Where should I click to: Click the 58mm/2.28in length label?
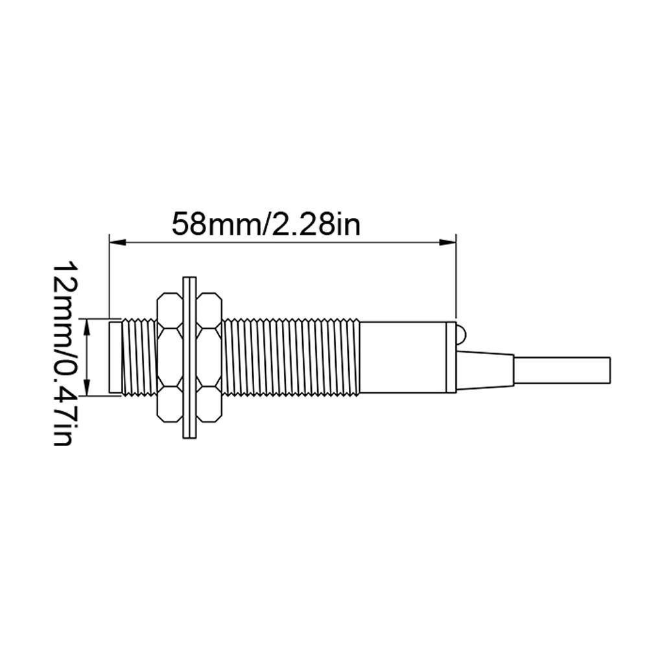[x=266, y=224]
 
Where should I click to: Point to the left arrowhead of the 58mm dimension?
[x=117, y=242]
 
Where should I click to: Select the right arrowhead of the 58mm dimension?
[x=447, y=242]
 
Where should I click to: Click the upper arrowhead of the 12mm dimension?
[x=87, y=327]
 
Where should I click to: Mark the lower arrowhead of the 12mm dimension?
[x=87, y=387]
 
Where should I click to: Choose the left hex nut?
[x=169, y=358]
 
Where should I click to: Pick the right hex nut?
[x=209, y=358]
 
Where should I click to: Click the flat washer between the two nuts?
[x=189, y=357]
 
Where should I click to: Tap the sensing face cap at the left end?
[x=115, y=357]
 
